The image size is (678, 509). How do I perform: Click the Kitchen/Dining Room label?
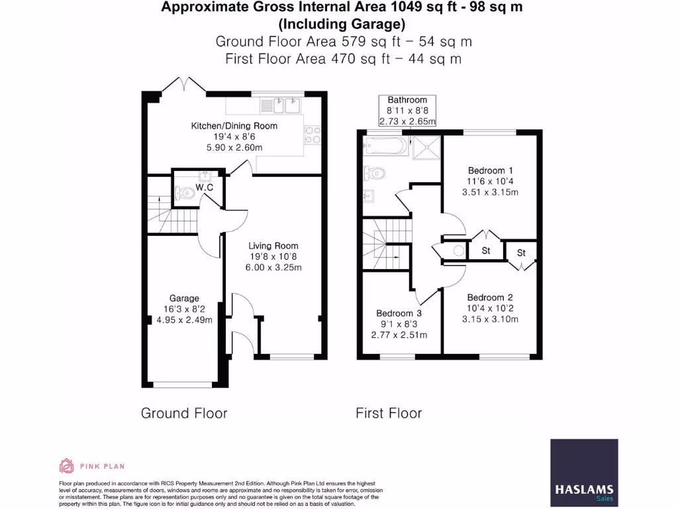[x=234, y=126]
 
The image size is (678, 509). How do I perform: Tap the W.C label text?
[x=205, y=188]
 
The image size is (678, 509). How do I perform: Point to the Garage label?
[x=184, y=298]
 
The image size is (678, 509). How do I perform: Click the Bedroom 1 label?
[x=490, y=170]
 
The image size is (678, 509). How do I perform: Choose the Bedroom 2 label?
[x=490, y=298]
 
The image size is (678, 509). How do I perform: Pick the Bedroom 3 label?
[x=399, y=313]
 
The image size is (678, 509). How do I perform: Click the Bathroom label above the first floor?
[x=407, y=100]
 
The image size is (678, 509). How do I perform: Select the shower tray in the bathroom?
[x=426, y=147]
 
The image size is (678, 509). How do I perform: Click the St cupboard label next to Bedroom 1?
[x=485, y=251]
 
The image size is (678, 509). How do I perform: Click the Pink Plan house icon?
[x=66, y=466]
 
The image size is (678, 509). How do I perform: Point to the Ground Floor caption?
[x=184, y=414]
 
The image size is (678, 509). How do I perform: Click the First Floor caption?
[x=389, y=414]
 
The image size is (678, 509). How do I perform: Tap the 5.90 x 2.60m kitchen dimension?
[x=234, y=147]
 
